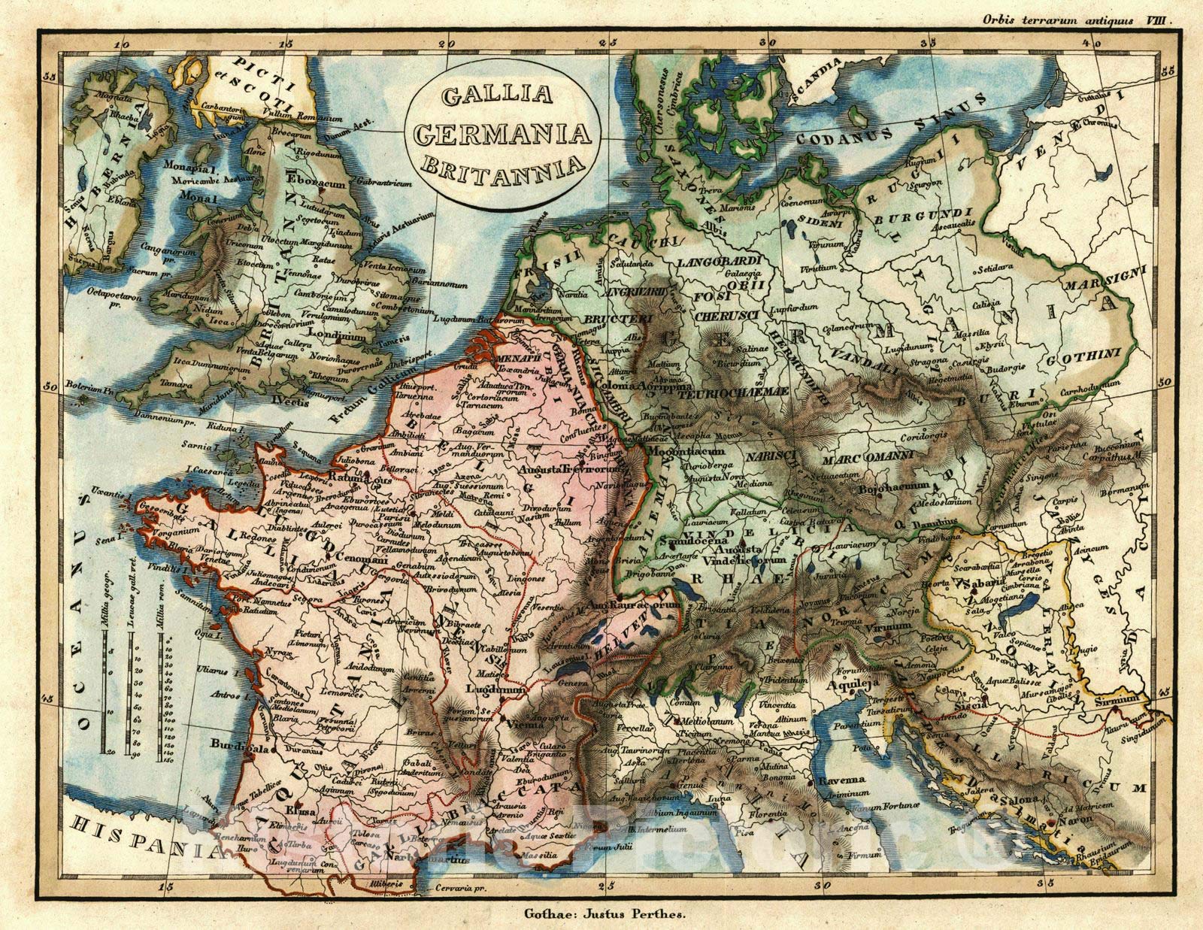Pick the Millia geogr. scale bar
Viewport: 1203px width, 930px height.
point(108,662)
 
